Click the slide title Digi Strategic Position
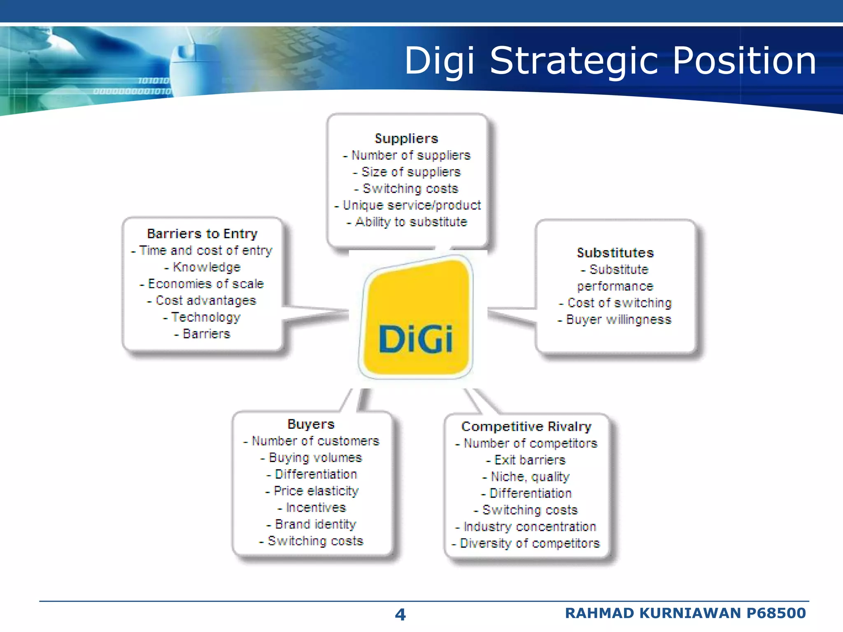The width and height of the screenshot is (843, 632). pyautogui.click(x=610, y=61)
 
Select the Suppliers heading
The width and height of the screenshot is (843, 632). pyautogui.click(x=406, y=139)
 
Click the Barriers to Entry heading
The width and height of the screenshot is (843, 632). pyautogui.click(x=202, y=234)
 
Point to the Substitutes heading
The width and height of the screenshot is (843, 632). pyautogui.click(x=615, y=253)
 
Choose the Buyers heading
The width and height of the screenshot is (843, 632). pyautogui.click(x=311, y=424)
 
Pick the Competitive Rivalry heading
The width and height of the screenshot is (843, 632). pyautogui.click(x=526, y=427)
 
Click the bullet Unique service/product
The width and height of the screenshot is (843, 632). pyautogui.click(x=408, y=205)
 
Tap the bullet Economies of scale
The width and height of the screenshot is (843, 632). pyautogui.click(x=202, y=284)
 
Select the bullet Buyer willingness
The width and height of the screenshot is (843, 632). pyautogui.click(x=615, y=320)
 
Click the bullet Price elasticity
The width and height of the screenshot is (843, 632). pyautogui.click(x=312, y=491)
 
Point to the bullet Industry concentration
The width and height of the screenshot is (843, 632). pyautogui.click(x=526, y=527)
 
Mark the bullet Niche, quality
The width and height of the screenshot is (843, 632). pyautogui.click(x=526, y=477)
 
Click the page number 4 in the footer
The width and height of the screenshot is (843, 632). pyautogui.click(x=400, y=615)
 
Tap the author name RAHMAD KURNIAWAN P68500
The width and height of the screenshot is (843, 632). pyautogui.click(x=685, y=613)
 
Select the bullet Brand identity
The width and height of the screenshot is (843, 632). pyautogui.click(x=312, y=524)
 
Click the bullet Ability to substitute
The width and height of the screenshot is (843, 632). pyautogui.click(x=407, y=222)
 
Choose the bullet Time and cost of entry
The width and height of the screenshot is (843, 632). pyautogui.click(x=202, y=251)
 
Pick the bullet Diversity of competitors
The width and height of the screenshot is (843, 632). pyautogui.click(x=526, y=544)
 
